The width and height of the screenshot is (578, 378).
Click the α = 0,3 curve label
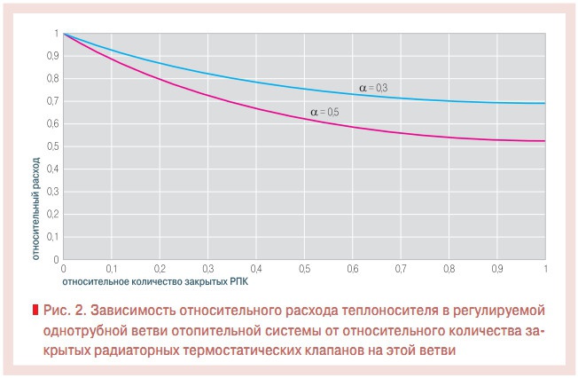point(373,87)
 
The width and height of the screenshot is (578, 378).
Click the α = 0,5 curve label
point(324,112)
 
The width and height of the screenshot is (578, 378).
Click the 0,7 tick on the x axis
point(401,267)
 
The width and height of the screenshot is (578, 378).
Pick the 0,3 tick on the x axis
point(208,267)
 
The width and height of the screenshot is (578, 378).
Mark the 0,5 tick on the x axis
point(305,267)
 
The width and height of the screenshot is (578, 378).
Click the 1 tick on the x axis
point(544,267)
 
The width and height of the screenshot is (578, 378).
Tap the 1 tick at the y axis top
point(56,34)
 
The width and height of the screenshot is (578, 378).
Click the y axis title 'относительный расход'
point(36,210)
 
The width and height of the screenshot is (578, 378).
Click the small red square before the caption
point(35,311)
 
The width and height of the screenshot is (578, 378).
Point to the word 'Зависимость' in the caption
point(130,311)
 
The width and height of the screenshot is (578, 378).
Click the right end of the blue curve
point(544,103)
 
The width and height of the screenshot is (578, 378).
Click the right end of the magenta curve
point(544,141)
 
